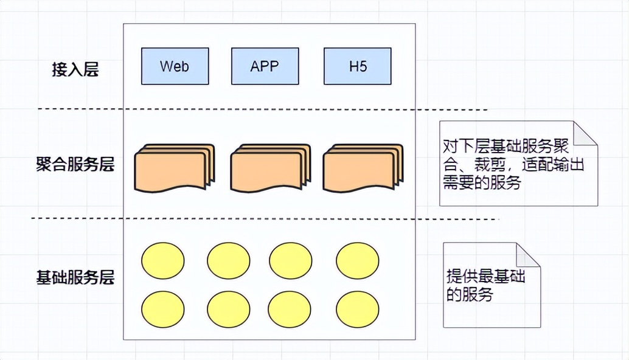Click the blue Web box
tap(175, 66)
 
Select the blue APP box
tap(265, 66)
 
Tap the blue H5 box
tap(358, 66)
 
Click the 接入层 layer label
tap(75, 69)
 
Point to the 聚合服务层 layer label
tap(75, 164)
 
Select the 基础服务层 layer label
tap(75, 278)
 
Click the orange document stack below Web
tap(173, 168)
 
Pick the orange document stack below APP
tap(269, 168)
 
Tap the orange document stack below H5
tap(361, 168)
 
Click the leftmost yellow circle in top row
tap(162, 260)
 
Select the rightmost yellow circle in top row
tap(357, 260)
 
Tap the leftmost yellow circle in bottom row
tap(162, 309)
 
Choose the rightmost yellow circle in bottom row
tap(357, 309)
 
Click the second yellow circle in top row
tap(228, 260)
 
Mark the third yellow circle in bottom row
tap(290, 309)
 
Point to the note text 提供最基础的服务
tap(485, 285)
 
